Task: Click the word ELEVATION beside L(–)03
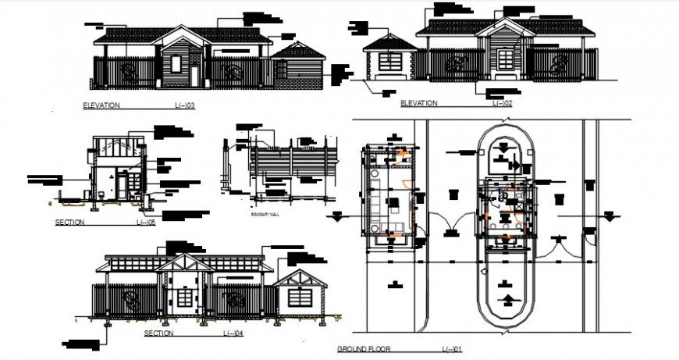pyautogui.click(x=101, y=105)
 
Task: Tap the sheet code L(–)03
pyautogui.click(x=184, y=105)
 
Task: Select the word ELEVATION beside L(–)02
pyautogui.click(x=418, y=103)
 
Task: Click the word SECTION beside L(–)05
pyautogui.click(x=69, y=223)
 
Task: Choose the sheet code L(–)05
pyautogui.click(x=146, y=223)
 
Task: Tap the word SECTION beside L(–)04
pyautogui.click(x=158, y=333)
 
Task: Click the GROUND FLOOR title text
pyautogui.click(x=363, y=348)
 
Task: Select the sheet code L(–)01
pyautogui.click(x=452, y=348)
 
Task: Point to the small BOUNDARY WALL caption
pyautogui.click(x=264, y=213)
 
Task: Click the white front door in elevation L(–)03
pyautogui.click(x=194, y=76)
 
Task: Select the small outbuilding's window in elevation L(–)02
pyautogui.click(x=390, y=62)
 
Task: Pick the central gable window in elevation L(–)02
pyautogui.click(x=506, y=58)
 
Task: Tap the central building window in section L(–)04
pyautogui.click(x=184, y=298)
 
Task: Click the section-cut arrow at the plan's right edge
pyautogui.click(x=609, y=214)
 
